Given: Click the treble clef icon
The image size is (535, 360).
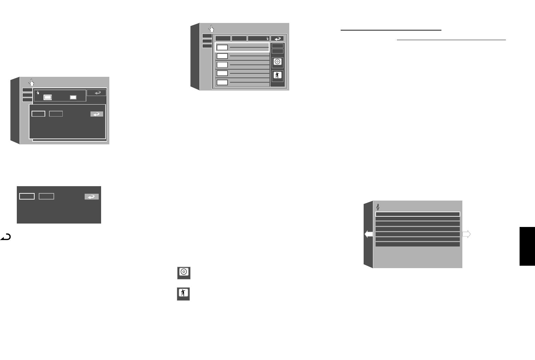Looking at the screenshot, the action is pos(378,207).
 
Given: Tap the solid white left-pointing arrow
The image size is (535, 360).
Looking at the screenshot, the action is pos(368,234).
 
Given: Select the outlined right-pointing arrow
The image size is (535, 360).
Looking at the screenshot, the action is pos(466,234).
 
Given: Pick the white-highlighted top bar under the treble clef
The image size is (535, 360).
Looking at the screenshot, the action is pos(417,214).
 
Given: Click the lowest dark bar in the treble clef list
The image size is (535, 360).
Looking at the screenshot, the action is pos(417,244).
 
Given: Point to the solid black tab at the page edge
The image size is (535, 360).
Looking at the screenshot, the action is pos(527,246).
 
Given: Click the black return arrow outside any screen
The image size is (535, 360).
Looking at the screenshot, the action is pos(5,236).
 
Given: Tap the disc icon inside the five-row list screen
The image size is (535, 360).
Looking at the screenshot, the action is pos(277,62).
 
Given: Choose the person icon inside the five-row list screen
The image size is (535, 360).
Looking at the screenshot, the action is pos(277,75).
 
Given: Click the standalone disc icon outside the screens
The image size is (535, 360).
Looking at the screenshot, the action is pos(184,273).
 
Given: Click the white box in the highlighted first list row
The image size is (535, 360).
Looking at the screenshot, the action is pos(222,47).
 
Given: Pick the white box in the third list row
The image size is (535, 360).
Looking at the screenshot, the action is pos(222,65).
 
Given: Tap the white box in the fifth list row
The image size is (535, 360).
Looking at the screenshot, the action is pos(222,82).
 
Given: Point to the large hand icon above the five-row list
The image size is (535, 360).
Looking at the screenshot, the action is pos(211,29).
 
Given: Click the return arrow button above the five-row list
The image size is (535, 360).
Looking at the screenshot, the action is pos(277,38).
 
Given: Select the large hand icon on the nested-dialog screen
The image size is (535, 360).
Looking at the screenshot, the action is pos(31,83).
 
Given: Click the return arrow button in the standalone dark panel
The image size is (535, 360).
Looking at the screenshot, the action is pos(92,196).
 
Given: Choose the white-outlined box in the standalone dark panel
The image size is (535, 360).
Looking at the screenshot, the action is pos(27,196).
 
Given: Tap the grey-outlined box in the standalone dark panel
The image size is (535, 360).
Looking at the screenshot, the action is pos(46,196).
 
